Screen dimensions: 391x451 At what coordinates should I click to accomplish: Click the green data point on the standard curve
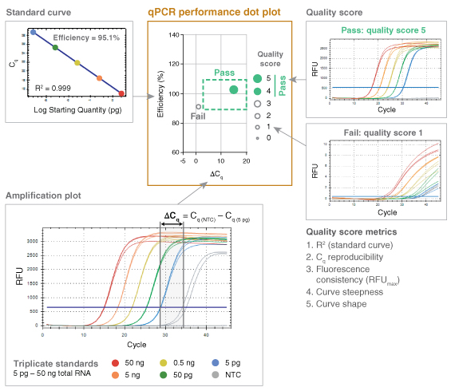tap(55, 48)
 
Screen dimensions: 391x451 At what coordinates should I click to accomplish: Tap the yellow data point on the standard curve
tap(77, 62)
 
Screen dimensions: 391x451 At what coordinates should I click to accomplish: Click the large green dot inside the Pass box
tap(234, 89)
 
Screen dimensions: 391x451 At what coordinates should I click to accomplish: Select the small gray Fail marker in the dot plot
tap(199, 106)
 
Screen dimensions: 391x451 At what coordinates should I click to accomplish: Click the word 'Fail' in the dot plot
tap(200, 117)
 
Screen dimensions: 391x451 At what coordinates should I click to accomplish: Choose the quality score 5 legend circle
tap(257, 78)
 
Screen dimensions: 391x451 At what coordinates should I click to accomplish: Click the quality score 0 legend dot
tap(257, 138)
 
